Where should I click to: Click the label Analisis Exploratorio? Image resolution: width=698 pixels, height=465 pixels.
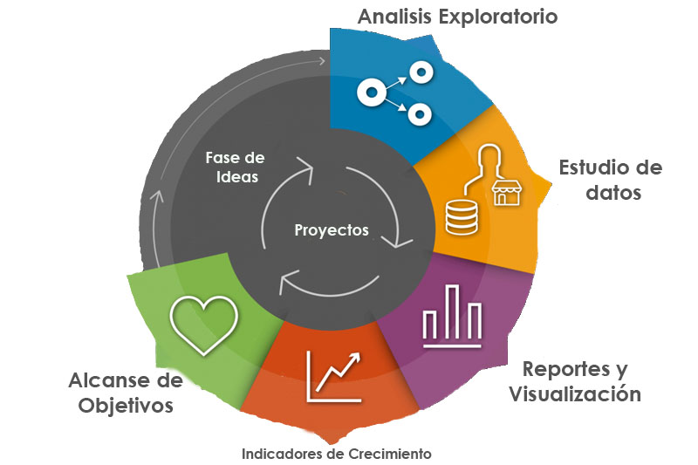tap(457, 17)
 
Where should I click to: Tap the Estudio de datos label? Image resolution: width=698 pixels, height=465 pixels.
tap(610, 180)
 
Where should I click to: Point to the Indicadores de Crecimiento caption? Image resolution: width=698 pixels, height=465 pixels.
tap(336, 454)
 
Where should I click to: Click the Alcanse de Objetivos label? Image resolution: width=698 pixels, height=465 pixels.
tap(126, 393)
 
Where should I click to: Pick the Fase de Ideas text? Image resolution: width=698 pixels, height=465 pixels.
tap(235, 167)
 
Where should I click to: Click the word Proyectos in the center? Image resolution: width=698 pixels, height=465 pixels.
tap(332, 231)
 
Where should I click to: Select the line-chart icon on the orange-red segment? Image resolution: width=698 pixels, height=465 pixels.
tap(333, 376)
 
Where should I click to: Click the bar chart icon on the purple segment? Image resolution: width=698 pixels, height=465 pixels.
tap(451, 317)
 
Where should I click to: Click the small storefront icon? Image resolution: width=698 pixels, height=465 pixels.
tap(504, 194)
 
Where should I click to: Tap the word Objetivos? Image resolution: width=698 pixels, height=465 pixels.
tap(126, 406)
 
